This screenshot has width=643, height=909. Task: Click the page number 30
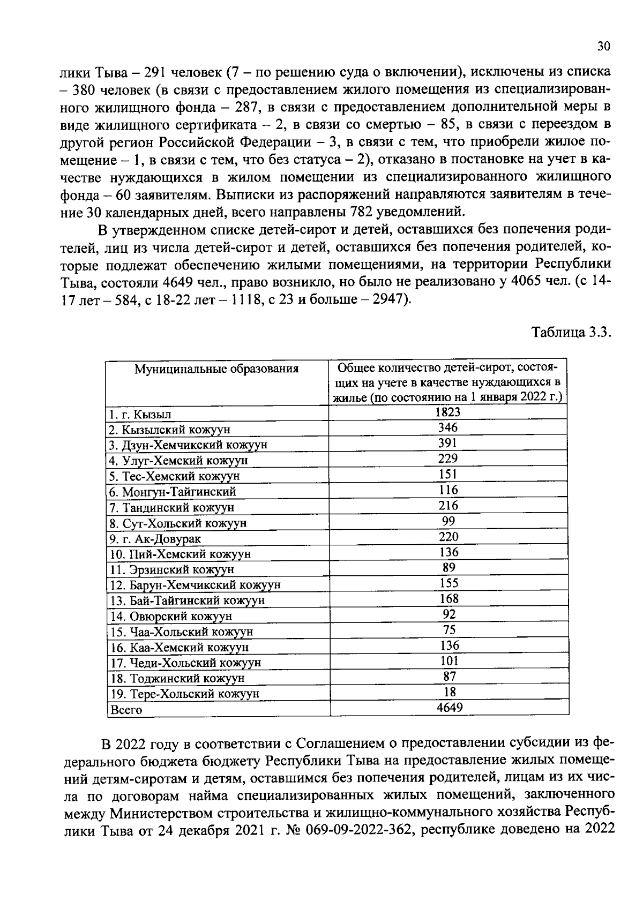[603, 47]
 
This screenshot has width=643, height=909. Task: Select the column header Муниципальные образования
[216, 369]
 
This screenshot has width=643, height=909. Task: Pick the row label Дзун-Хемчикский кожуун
[188, 445]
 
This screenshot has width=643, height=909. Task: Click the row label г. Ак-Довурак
[155, 539]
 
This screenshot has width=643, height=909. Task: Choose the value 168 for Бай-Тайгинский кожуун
[448, 598]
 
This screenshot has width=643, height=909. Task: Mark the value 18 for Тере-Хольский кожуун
[449, 692]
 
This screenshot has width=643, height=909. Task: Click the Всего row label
[126, 710]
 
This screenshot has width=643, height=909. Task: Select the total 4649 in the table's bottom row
[449, 708]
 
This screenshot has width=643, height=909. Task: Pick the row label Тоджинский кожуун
[177, 679]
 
